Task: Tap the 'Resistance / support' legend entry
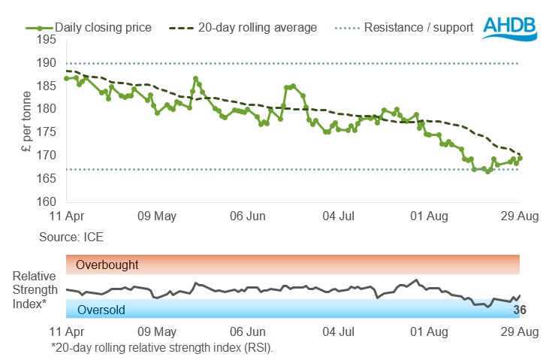[418, 28]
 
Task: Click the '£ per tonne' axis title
[27, 120]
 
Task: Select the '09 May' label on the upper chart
[158, 216]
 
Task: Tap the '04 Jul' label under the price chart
[338, 216]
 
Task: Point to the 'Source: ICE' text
[71, 237]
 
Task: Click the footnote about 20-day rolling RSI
[161, 347]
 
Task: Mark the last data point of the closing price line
[520, 158]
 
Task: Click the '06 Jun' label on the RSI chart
[248, 331]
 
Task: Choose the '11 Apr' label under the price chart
[67, 216]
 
